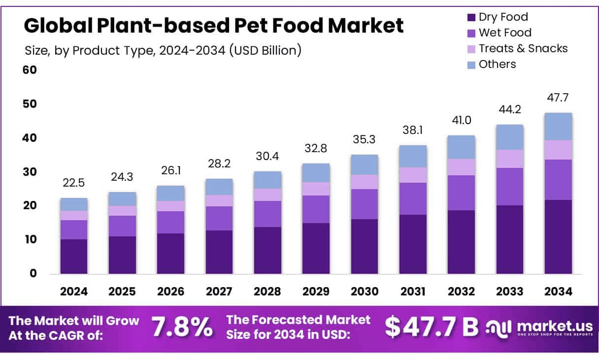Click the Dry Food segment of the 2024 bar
tap(73, 256)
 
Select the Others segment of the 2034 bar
tap(558, 127)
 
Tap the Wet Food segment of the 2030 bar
tap(365, 204)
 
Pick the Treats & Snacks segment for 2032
tap(461, 167)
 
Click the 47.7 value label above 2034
tap(558, 97)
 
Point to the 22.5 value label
tap(73, 183)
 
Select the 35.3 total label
tap(365, 139)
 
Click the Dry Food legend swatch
tap(471, 17)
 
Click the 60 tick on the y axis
tap(30, 70)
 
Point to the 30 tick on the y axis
tap(30, 172)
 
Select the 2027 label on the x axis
tap(219, 292)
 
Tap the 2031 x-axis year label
tap(413, 292)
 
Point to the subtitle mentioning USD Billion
tap(163, 50)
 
